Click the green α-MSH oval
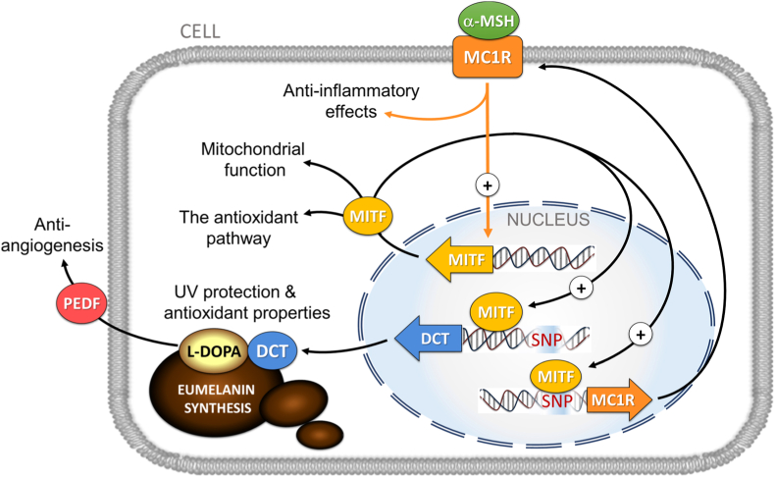point(488,21)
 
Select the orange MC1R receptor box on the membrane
point(488,57)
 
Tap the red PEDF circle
point(82,303)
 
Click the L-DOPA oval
point(214,351)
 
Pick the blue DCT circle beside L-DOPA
point(272,351)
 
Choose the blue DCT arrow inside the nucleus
point(429,339)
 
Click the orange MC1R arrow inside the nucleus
point(619,399)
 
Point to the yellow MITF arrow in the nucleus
point(459,259)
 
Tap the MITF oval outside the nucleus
point(368,216)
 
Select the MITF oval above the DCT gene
point(496,312)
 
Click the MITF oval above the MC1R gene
point(555,377)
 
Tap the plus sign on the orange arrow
point(488,185)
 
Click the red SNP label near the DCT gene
point(546,340)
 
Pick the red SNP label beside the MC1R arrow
point(556,400)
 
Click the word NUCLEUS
point(548,220)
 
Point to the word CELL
point(200,31)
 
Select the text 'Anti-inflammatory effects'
point(351,101)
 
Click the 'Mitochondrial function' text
point(253,159)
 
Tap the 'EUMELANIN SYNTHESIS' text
point(218,398)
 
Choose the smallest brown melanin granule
point(320,435)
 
